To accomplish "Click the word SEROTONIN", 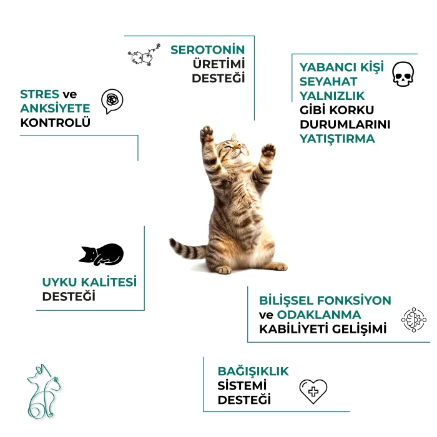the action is (208, 50).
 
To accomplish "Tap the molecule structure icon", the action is (144, 55).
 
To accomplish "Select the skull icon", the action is (403, 74).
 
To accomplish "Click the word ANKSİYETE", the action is (55, 108).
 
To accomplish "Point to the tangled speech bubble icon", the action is (112, 101).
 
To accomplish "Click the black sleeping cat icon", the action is (101, 255).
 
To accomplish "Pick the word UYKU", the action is (59, 282).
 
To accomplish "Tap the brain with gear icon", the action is (413, 320).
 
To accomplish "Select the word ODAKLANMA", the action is (319, 315).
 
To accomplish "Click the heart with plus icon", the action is (313, 391).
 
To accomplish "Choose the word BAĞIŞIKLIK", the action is (253, 371).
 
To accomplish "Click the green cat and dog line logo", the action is (44, 391).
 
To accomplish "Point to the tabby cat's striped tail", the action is (187, 249).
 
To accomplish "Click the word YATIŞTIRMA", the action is (337, 139).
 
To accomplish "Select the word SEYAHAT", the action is (328, 82).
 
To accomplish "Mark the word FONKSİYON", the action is (354, 300).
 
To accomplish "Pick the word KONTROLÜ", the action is (55, 122).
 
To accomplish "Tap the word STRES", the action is (39, 94).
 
